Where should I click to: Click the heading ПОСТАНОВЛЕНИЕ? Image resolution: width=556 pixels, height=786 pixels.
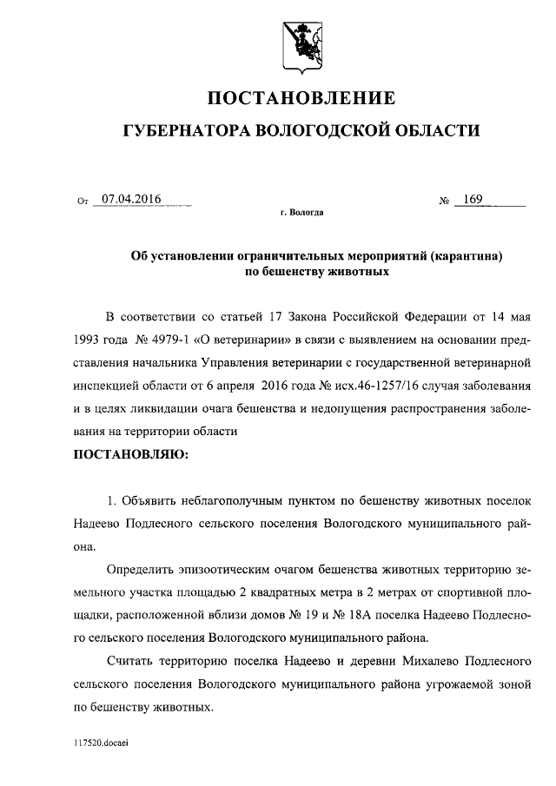[301, 97]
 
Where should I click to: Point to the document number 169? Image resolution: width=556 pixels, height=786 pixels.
[473, 199]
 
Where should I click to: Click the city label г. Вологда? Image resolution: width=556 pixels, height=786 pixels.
[302, 212]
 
